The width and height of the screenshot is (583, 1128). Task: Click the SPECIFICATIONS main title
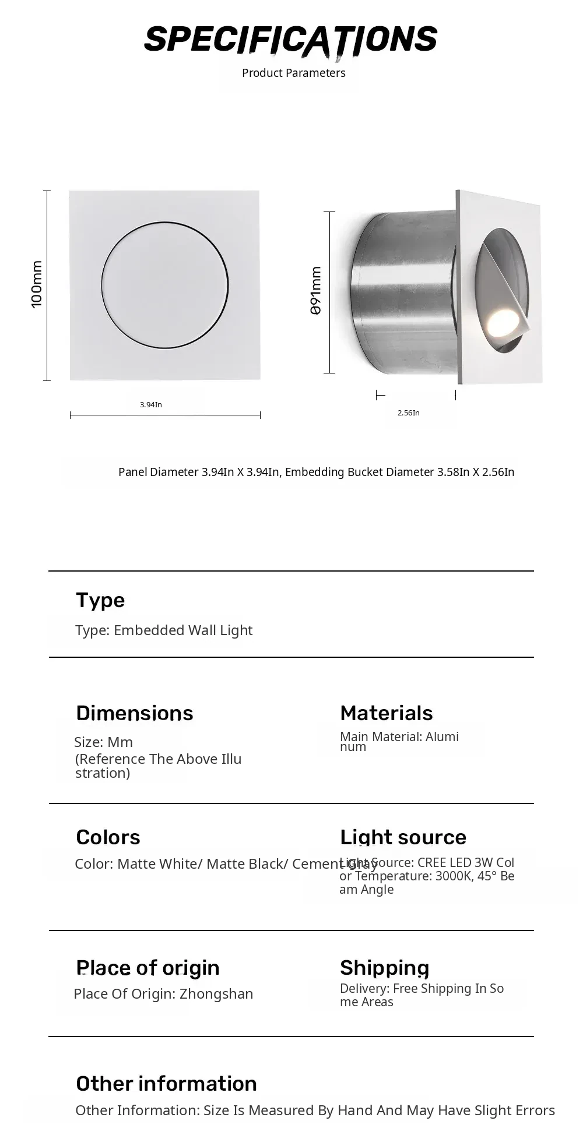click(x=290, y=40)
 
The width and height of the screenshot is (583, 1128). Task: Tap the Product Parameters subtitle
click(x=293, y=73)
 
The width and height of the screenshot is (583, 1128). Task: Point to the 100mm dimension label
click(x=37, y=284)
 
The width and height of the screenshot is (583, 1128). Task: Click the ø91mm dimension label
click(x=315, y=291)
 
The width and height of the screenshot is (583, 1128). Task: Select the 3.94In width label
click(x=151, y=404)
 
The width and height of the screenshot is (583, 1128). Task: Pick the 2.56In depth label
click(x=408, y=413)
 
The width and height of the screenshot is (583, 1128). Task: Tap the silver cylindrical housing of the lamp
click(x=402, y=291)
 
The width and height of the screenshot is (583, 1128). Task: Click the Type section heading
click(x=100, y=600)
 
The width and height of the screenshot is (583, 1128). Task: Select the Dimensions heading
click(x=134, y=713)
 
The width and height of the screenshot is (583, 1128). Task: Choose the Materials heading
click(x=386, y=713)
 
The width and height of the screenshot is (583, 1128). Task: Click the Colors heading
click(x=108, y=837)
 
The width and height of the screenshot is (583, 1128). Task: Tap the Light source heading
click(x=403, y=837)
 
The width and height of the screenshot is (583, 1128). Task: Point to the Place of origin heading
click(x=147, y=968)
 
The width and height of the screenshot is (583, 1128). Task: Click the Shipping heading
click(x=384, y=968)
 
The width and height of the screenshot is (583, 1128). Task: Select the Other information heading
click(x=166, y=1084)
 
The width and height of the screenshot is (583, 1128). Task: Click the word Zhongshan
click(x=216, y=994)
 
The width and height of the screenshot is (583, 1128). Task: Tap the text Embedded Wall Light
click(x=183, y=630)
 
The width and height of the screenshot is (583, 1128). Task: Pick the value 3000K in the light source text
click(x=452, y=876)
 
